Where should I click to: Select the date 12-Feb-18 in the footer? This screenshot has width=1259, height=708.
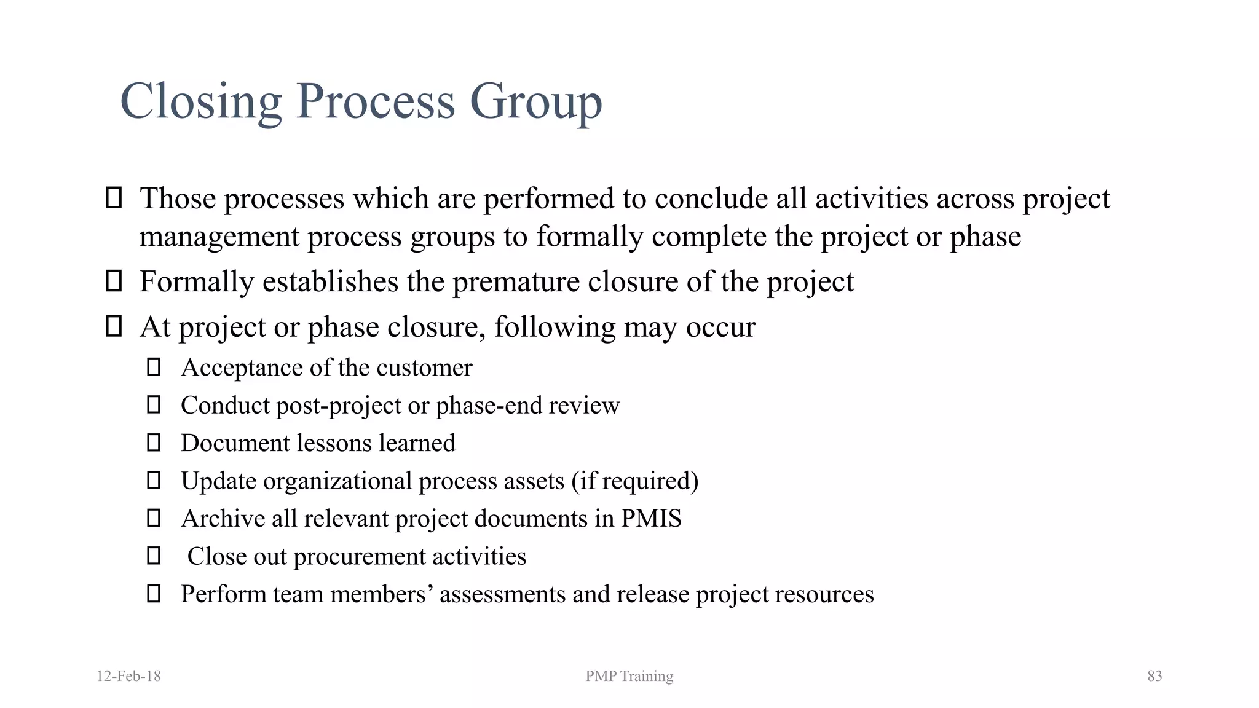[128, 676]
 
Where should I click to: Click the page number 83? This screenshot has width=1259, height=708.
[1154, 676]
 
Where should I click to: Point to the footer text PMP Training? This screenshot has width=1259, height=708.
[629, 676]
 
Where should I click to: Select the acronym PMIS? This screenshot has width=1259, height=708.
[651, 519]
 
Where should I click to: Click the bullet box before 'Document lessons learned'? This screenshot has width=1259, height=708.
[154, 442]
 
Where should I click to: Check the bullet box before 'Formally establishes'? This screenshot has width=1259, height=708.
[114, 281]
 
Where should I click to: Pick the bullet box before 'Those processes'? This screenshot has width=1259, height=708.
[114, 198]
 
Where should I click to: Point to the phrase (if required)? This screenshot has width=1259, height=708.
[635, 481]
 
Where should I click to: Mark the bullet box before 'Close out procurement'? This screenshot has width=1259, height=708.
[154, 556]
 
